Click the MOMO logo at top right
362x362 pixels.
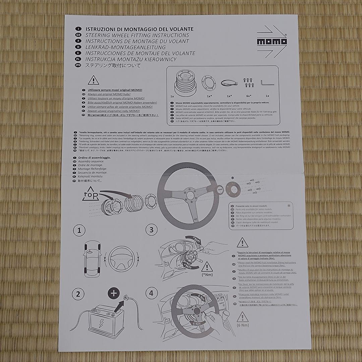272,42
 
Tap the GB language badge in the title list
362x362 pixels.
78,35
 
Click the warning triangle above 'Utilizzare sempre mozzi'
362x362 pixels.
93,80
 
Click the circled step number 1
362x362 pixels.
79,230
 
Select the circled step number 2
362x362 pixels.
78,294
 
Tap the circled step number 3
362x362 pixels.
152,230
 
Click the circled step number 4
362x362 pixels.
152,293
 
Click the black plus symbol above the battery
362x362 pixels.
114,293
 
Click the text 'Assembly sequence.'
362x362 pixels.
91,161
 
